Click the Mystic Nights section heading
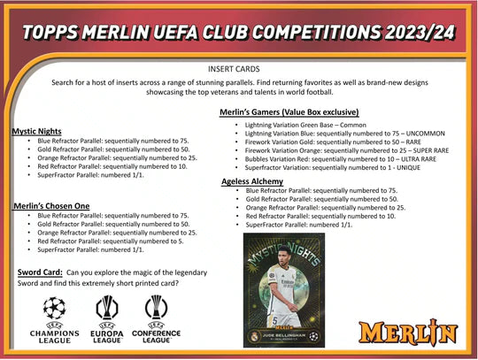point(36,131)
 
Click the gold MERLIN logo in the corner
point(419,333)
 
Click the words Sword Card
point(39,271)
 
